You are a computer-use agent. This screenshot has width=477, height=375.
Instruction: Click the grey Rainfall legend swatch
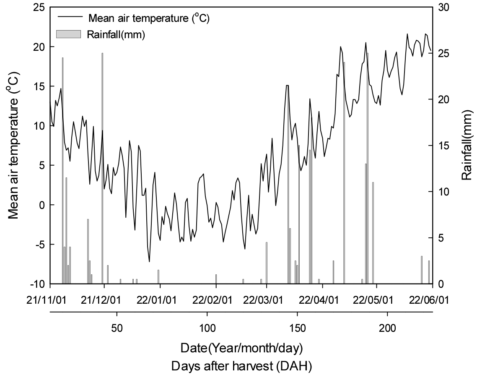tap(69, 34)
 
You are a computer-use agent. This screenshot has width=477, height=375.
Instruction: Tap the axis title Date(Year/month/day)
tap(241, 348)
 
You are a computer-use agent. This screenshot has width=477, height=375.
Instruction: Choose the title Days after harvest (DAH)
tap(241, 366)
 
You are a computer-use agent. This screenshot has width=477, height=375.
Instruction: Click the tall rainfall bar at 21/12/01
tap(102, 168)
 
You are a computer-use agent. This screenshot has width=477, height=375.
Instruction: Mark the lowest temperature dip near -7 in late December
tap(149, 261)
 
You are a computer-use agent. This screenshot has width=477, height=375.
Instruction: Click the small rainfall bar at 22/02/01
tap(216, 279)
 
